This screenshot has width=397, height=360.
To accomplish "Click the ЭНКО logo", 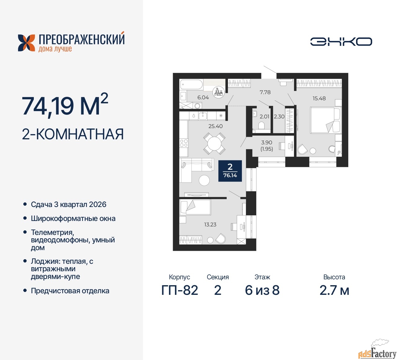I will coord(341,42).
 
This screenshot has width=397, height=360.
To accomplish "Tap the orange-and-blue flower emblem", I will coord(26,43).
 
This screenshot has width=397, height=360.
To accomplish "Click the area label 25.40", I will coord(216,126).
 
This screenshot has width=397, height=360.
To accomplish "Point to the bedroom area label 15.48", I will coord(319,98).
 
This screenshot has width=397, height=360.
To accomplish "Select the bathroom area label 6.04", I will coord(203,97).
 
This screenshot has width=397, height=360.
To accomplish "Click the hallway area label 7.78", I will coord(265,92).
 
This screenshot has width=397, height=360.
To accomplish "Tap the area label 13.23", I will coord(210,224).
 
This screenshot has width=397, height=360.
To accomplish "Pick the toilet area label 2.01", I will coord(264,117).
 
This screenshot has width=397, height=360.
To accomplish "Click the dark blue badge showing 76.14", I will coord(230,171).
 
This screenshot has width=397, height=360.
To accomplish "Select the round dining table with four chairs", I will coord(214,144).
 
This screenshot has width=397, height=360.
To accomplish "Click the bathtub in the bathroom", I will coord(191,84).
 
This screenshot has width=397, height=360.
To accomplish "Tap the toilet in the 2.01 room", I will coord(261,125).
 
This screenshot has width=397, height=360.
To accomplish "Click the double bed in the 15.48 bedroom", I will coord(325,120).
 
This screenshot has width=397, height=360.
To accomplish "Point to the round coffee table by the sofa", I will coord(204,180).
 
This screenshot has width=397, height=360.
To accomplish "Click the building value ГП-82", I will coord(180,290).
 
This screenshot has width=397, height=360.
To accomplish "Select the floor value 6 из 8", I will coord(262,290).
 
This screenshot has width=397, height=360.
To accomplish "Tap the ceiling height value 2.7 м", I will coord(334,290).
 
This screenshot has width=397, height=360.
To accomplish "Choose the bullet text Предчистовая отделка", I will coord(70,291).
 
